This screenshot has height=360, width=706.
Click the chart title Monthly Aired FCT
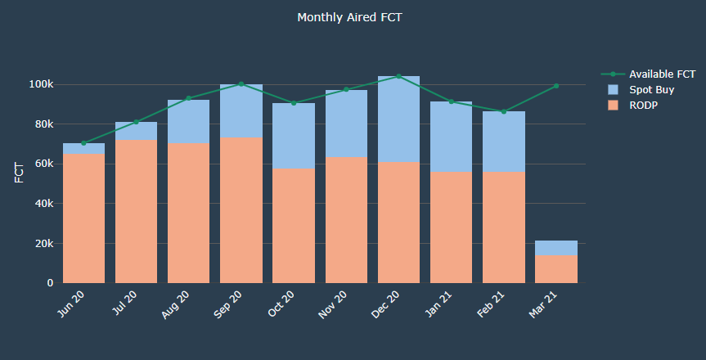(349, 17)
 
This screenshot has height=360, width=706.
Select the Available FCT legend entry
(662, 74)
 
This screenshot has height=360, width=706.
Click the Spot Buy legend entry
(650, 89)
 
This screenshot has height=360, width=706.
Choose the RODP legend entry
(644, 105)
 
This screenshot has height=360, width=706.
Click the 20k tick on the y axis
(43, 244)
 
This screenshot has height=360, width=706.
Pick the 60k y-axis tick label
(43, 164)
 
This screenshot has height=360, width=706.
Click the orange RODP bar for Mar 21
(556, 269)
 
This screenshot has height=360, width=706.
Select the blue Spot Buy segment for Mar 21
(556, 248)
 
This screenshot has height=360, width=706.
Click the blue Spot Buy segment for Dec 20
(398, 119)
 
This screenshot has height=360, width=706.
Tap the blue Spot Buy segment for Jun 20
(83, 148)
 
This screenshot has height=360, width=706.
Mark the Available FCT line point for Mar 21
(556, 86)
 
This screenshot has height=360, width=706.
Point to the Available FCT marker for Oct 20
(294, 103)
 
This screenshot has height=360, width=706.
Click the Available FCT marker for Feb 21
(504, 112)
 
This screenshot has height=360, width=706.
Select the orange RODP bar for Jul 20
(136, 212)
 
